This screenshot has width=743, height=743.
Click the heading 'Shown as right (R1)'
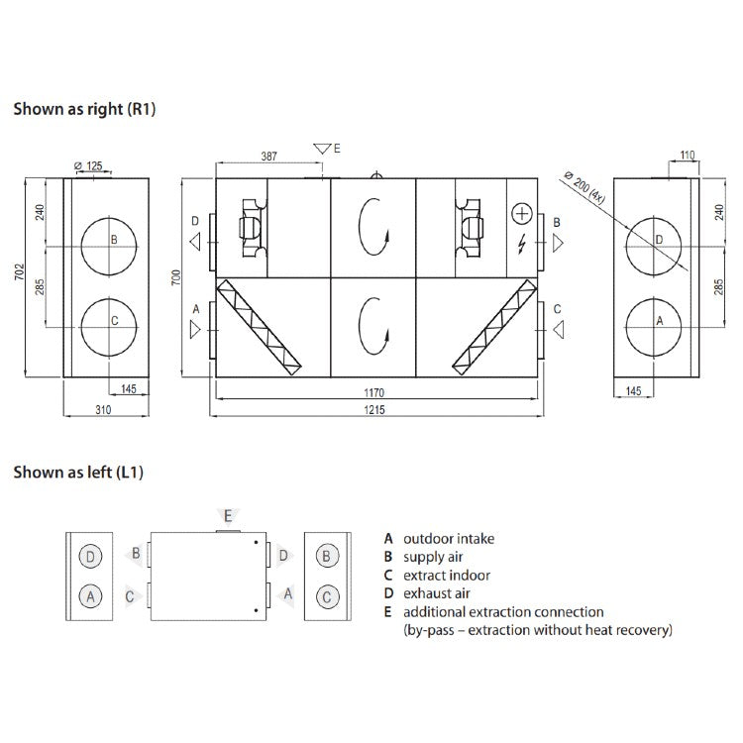[84, 109]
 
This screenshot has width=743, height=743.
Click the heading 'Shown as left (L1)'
[78, 473]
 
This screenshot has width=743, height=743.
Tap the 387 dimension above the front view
[267, 157]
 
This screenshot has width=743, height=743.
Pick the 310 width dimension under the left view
[103, 408]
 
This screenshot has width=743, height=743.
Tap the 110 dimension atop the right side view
[688, 156]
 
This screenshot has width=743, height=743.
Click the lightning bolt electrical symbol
[522, 243]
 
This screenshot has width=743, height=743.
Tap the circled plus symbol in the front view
[522, 214]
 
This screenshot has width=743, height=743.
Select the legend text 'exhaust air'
[436, 593]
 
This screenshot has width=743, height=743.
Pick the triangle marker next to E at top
[320, 149]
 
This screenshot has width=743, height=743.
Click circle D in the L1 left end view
[91, 556]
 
